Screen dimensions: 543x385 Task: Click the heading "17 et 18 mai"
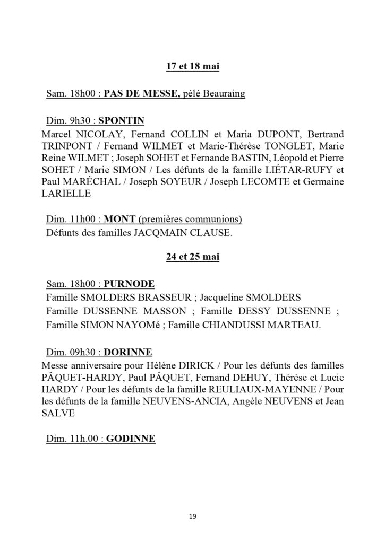pos(192,67)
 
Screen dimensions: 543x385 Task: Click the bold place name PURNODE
pos(129,283)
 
